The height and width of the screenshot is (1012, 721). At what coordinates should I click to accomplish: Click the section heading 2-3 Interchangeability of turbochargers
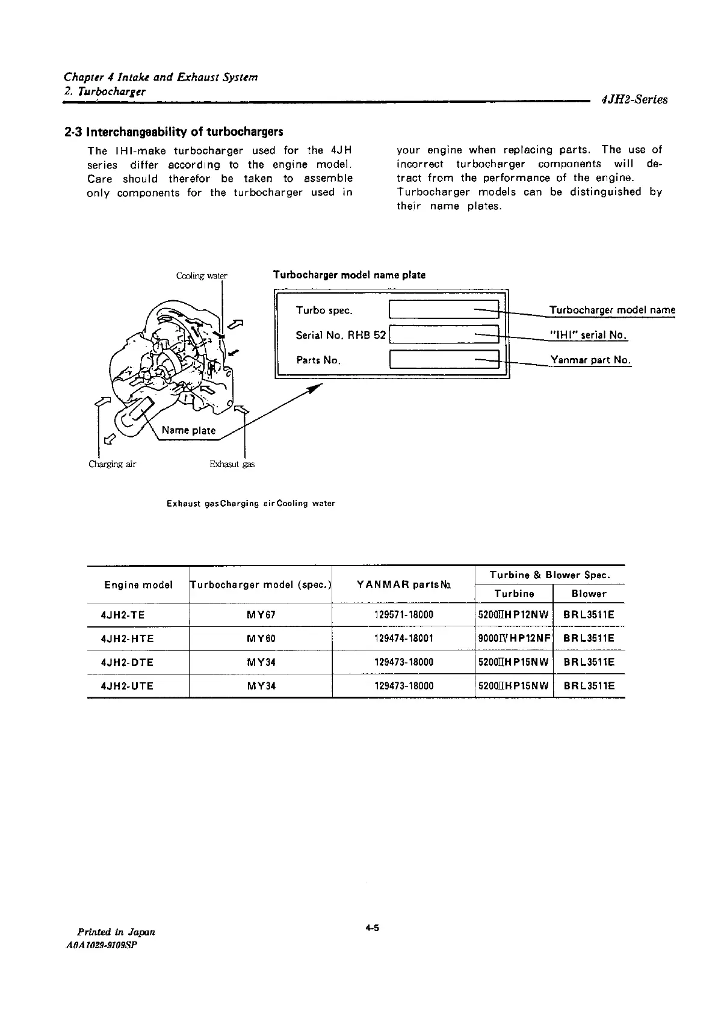173,132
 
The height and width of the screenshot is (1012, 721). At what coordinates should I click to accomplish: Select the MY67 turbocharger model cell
261,615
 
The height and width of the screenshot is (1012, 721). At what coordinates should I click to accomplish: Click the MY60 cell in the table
261,638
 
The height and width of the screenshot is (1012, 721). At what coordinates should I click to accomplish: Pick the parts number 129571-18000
403,615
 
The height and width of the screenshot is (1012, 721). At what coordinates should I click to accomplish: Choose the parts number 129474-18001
403,638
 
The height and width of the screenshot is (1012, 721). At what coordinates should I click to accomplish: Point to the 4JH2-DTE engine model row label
128,662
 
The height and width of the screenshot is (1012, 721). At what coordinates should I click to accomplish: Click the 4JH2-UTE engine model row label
128,686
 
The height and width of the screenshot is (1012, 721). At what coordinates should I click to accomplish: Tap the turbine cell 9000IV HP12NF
513,638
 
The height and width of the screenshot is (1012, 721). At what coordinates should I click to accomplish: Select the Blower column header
589,594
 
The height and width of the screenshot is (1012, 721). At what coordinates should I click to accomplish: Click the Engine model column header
138,585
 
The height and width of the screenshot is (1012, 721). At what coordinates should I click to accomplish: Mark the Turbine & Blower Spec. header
550,575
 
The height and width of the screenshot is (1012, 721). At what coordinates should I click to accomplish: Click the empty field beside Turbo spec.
445,310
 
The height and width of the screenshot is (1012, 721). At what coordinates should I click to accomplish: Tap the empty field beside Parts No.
445,360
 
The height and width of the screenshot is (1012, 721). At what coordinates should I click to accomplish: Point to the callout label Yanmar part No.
590,360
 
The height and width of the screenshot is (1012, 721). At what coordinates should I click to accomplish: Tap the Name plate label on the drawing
188,430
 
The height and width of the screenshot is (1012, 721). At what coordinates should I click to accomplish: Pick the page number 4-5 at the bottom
371,928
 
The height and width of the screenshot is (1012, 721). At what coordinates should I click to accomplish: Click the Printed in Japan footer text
113,931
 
